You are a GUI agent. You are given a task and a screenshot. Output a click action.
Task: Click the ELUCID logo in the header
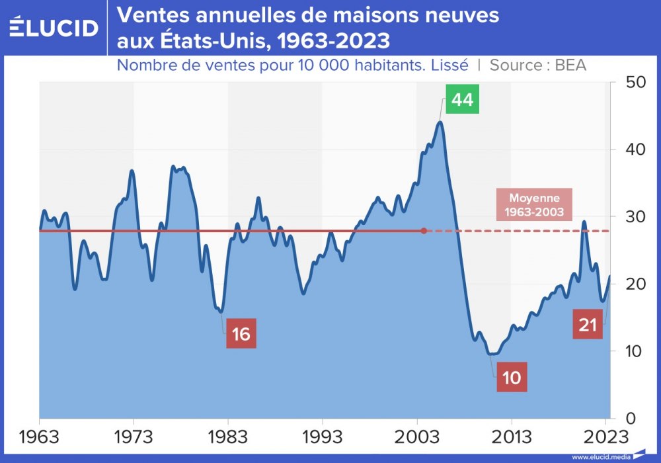[x=54, y=27]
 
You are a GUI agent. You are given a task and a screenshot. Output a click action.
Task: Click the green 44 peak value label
[x=462, y=100]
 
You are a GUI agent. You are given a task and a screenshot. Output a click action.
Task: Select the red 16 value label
[x=241, y=333]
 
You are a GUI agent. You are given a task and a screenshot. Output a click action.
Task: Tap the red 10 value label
[x=511, y=377]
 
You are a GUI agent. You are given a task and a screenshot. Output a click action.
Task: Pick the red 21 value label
[x=588, y=325]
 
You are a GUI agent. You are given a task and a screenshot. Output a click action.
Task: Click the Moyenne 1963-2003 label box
[x=534, y=205]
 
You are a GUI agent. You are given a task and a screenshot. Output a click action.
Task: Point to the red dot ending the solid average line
[x=424, y=231]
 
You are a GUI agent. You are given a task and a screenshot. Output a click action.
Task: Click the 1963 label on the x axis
[x=40, y=437]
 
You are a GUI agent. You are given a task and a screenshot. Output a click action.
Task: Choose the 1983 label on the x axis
[x=228, y=437]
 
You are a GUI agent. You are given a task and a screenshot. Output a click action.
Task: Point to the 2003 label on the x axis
[x=416, y=437]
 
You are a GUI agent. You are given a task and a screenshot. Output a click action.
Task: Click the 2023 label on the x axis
[x=606, y=437]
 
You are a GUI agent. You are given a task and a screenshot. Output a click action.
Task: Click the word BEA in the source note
[x=570, y=65]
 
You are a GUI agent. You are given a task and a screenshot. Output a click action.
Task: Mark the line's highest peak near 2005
[x=440, y=122]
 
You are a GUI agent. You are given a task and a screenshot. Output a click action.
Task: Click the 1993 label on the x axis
[x=322, y=437]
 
